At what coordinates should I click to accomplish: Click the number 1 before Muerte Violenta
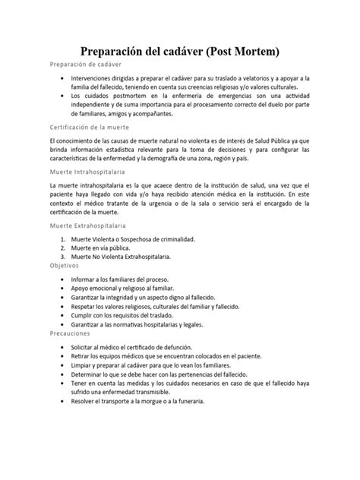tap(62, 238)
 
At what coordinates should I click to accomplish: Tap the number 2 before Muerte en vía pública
tap(62, 248)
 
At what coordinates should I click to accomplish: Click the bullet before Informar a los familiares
tap(62, 279)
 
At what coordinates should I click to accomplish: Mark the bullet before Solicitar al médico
tap(62, 346)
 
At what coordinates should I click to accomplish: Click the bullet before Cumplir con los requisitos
tap(62, 313)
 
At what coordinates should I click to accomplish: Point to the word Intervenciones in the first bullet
tap(97, 78)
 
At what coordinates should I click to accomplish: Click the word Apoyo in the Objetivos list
tap(81, 289)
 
